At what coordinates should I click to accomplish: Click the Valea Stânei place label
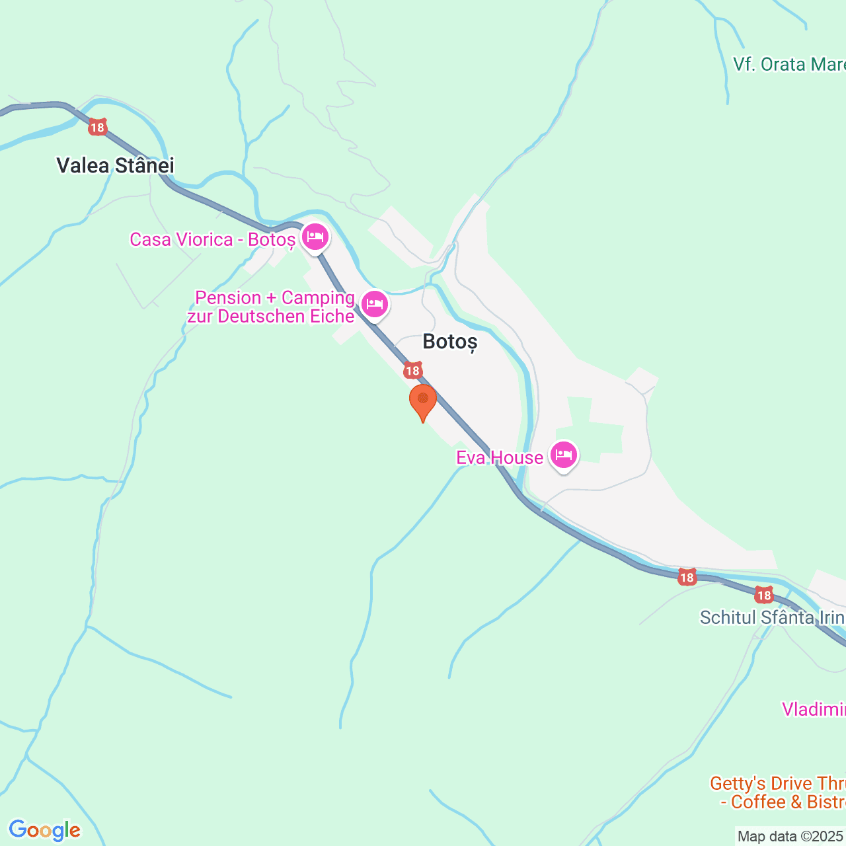(115, 165)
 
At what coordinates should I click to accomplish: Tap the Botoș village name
(449, 342)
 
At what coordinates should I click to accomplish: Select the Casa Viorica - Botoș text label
(212, 239)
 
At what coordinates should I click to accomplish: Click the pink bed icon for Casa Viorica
(315, 236)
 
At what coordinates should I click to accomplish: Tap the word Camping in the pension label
(318, 297)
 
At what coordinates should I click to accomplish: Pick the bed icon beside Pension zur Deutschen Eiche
(375, 304)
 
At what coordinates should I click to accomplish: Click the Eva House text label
(500, 457)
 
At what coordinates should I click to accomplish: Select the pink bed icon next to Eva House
(563, 455)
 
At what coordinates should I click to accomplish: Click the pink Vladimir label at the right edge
(814, 709)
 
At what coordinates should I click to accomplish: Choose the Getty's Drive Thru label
(777, 784)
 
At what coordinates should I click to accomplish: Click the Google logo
(44, 830)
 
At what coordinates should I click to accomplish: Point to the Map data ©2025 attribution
(790, 837)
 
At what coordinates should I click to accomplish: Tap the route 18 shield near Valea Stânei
(98, 128)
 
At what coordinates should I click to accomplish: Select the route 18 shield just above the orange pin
(413, 370)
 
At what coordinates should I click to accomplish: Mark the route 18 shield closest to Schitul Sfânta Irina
(764, 595)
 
